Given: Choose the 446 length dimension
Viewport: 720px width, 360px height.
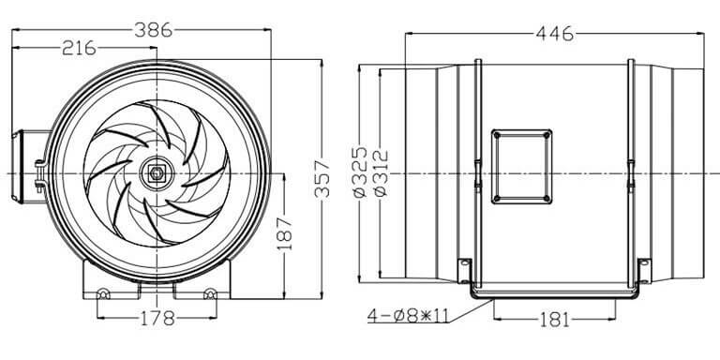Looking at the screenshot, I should click(555, 34).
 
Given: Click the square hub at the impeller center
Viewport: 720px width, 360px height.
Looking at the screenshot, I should click(156, 173).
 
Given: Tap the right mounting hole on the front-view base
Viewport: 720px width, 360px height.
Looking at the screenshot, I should click(208, 296).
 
